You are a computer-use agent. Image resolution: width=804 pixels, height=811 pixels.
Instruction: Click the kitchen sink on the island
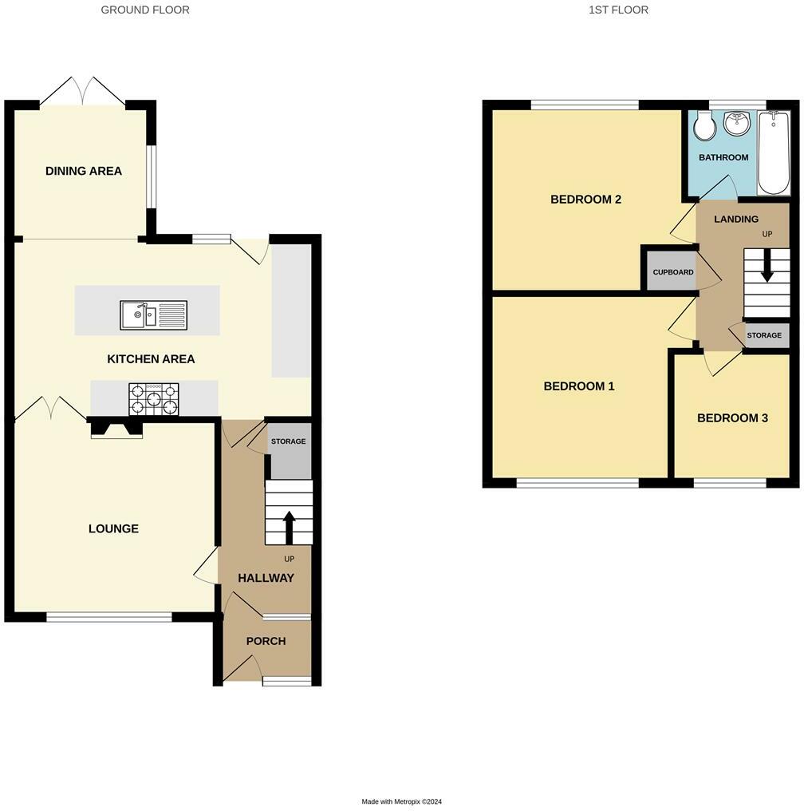click(x=154, y=315)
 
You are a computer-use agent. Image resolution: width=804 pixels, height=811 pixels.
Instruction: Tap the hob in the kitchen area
click(x=154, y=399)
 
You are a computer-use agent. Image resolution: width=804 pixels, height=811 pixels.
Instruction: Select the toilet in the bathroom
click(x=704, y=125)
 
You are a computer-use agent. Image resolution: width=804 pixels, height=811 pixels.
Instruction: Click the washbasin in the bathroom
click(x=737, y=123)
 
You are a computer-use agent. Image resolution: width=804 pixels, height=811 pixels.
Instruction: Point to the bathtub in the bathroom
click(x=774, y=153)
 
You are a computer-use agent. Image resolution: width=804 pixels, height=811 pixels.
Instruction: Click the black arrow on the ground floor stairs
click(x=289, y=527)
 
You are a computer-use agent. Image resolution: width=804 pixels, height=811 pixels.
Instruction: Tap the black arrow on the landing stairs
click(x=767, y=265)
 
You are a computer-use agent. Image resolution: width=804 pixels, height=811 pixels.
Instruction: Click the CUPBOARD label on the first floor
click(x=672, y=272)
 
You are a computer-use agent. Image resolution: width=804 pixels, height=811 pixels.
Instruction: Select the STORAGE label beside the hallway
click(x=288, y=441)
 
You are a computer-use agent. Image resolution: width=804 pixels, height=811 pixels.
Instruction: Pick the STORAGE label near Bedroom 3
click(x=764, y=335)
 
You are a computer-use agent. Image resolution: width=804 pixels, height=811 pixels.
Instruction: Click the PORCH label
click(x=266, y=641)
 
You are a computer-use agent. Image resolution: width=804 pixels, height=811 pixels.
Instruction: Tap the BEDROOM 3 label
click(x=733, y=418)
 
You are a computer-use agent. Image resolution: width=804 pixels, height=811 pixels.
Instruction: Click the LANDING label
click(x=736, y=220)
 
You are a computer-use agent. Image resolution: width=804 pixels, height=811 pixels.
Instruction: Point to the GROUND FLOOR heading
click(x=145, y=10)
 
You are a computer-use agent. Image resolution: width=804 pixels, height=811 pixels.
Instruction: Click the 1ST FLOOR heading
click(x=618, y=10)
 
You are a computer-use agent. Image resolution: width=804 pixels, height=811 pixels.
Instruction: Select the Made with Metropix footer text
click(x=402, y=801)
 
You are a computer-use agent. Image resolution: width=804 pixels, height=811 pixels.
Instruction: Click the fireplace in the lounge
click(x=116, y=429)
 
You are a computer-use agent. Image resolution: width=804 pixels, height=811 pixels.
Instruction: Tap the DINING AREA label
click(x=84, y=171)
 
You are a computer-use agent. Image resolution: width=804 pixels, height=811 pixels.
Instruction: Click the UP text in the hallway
click(x=290, y=559)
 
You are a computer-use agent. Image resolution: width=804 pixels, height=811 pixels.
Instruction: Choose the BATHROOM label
click(x=723, y=157)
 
